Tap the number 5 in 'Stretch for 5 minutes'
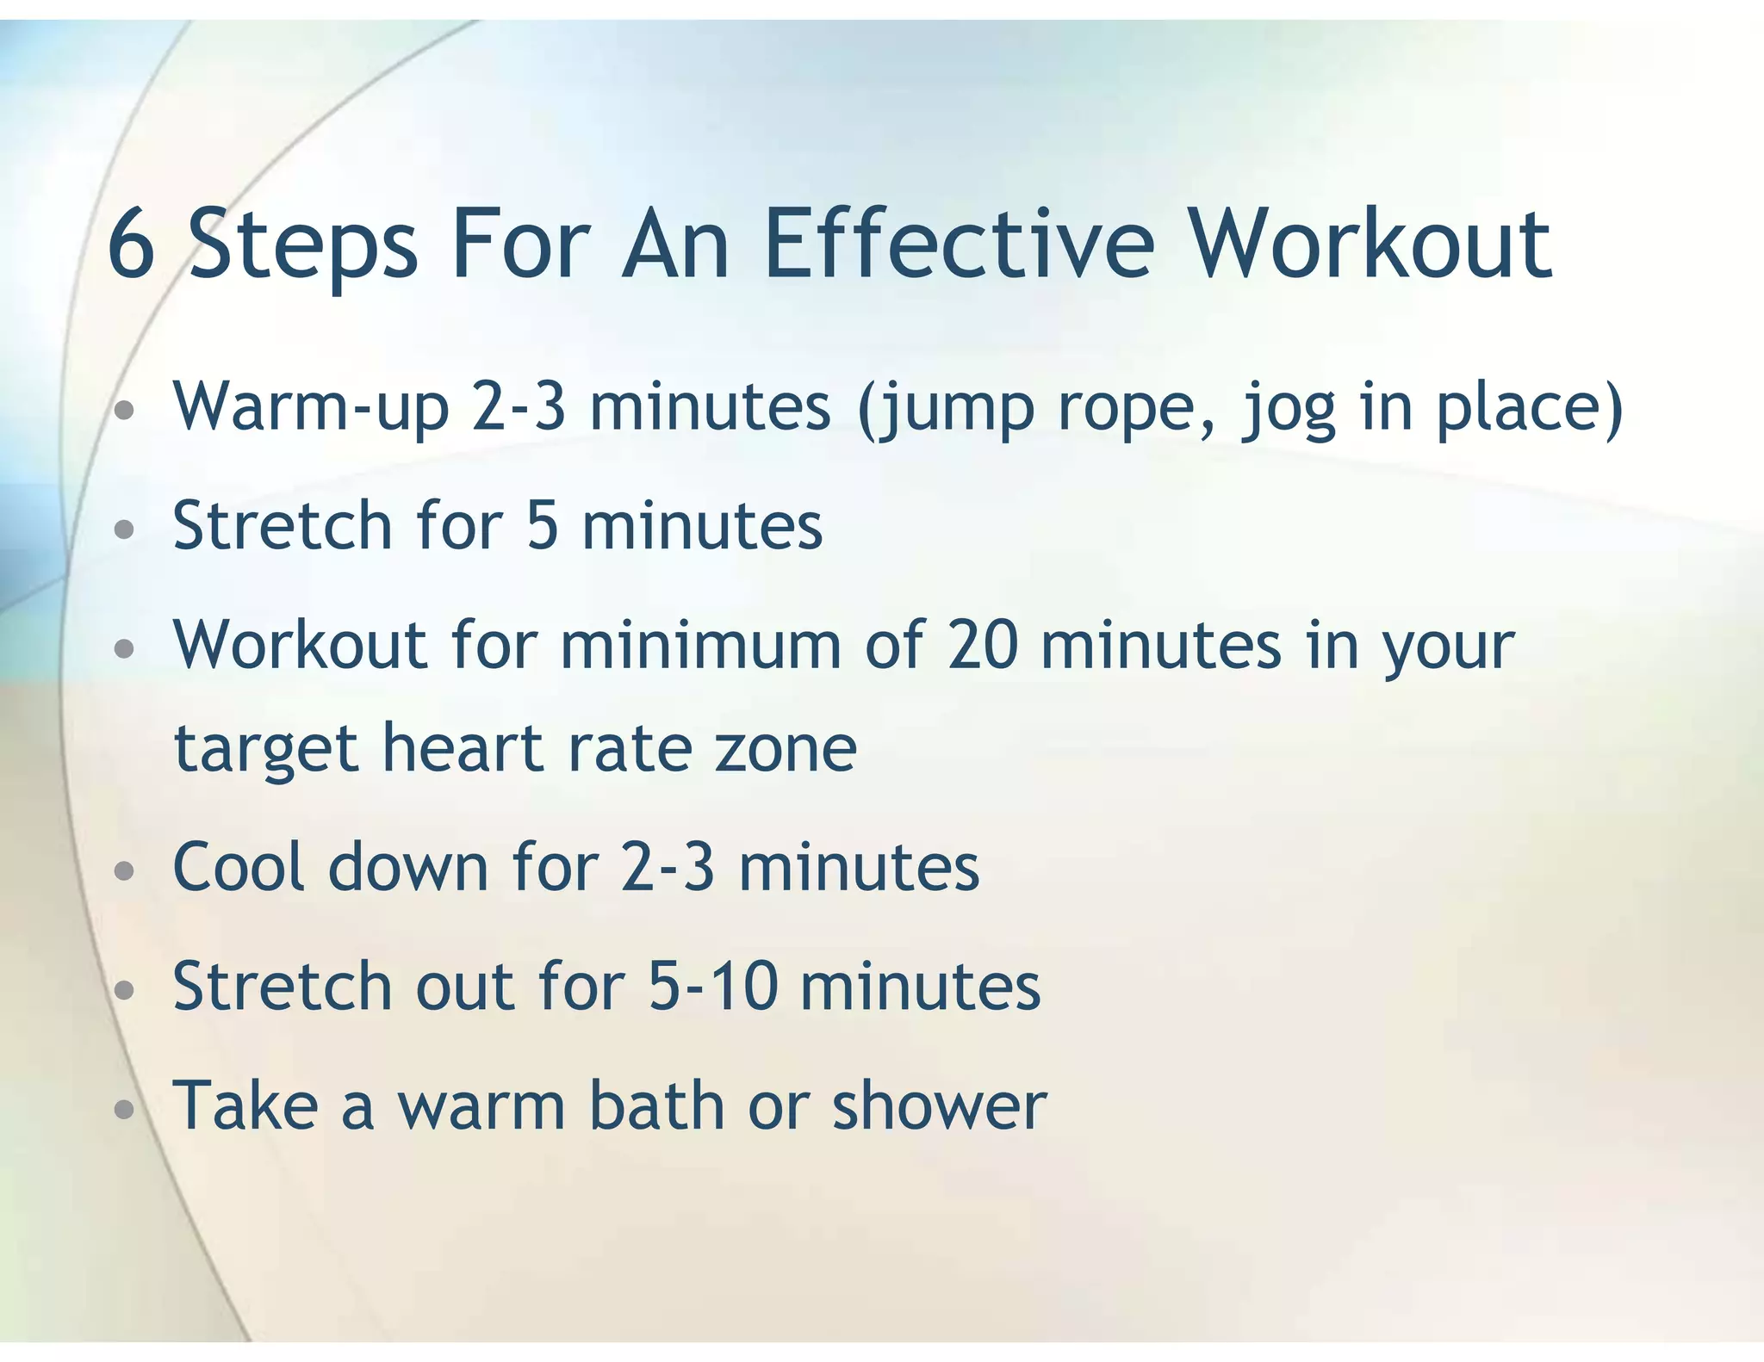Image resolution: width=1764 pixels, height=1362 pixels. pos(543,526)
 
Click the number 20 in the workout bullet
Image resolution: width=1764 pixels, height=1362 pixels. pos(983,645)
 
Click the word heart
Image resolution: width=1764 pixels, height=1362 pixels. pos(463,747)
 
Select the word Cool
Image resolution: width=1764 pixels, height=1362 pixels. pos(239,867)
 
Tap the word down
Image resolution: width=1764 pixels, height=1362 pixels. pos(408,867)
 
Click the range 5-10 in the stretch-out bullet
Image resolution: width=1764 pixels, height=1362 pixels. pos(713,986)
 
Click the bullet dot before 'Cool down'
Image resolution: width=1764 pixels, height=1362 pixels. pos(125,871)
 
